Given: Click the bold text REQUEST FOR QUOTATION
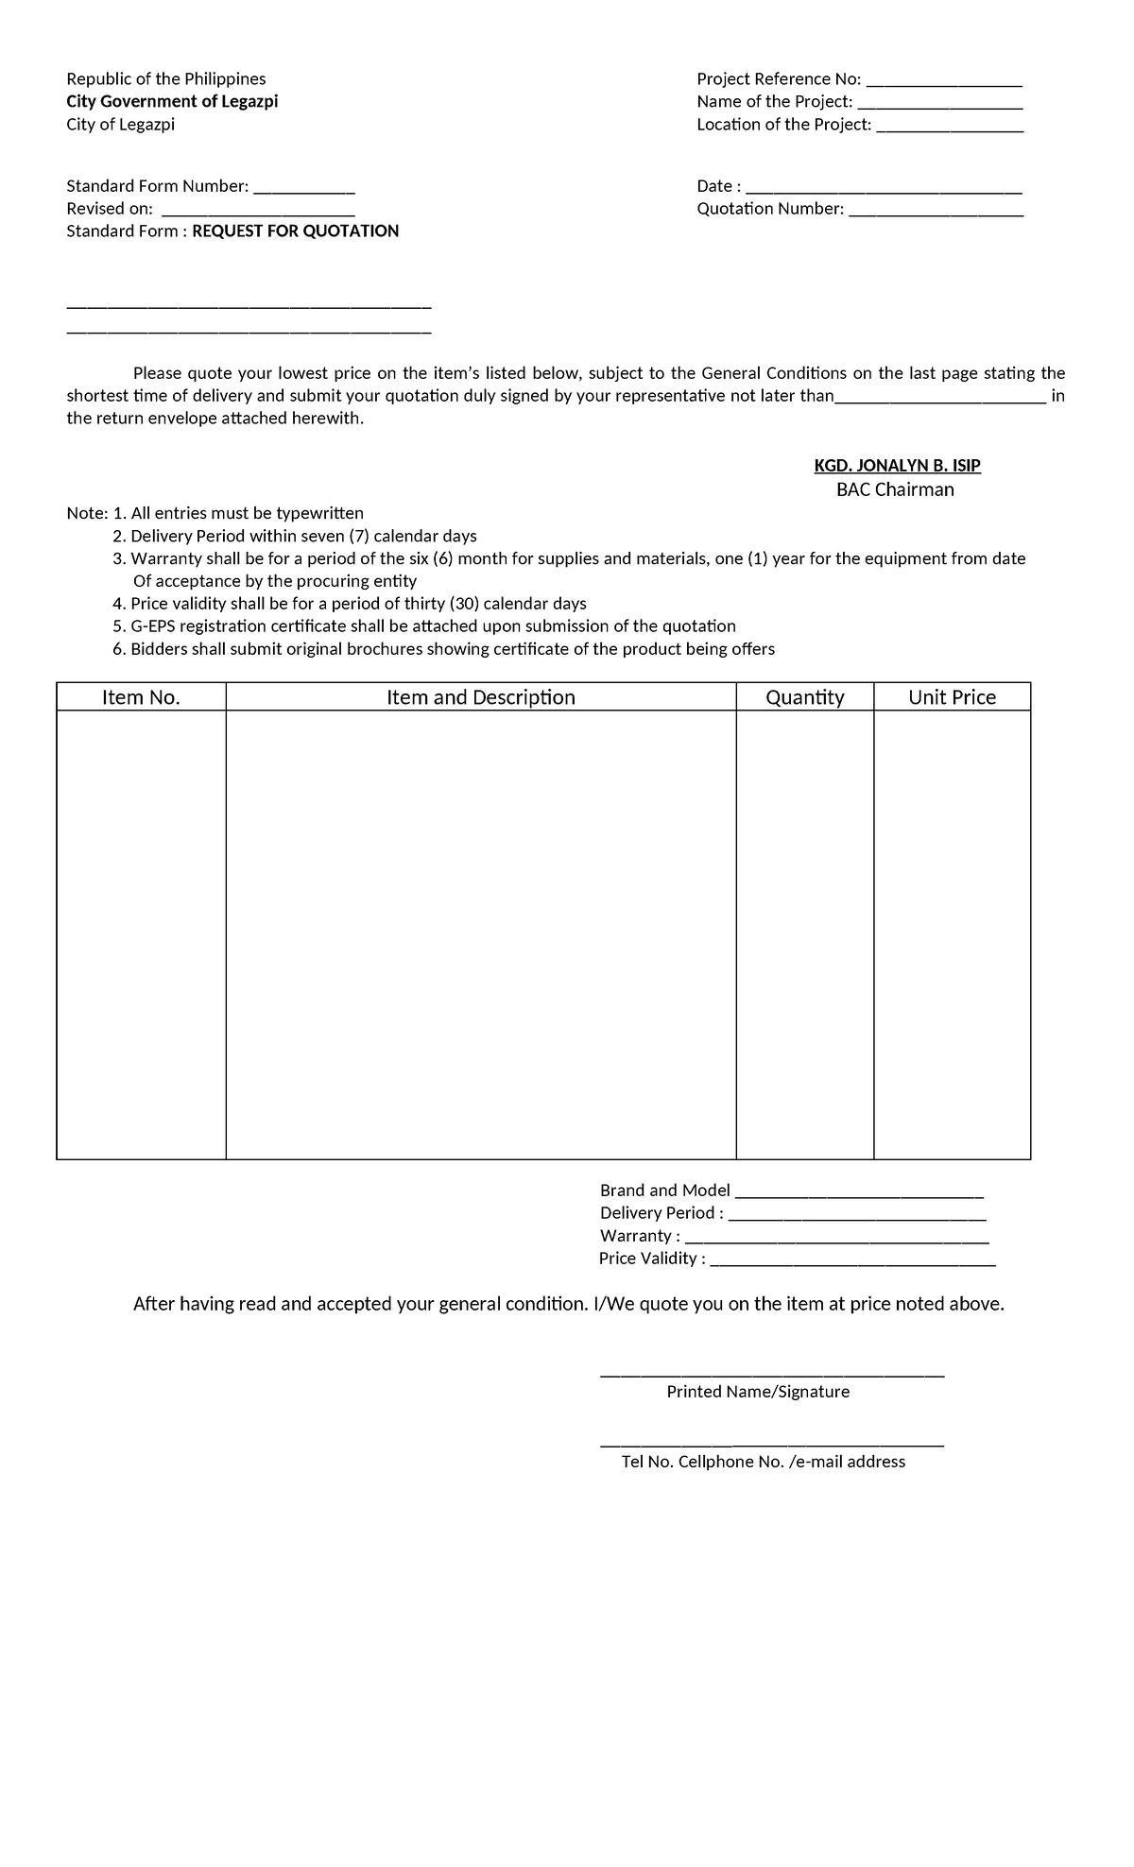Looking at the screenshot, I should pyautogui.click(x=295, y=231).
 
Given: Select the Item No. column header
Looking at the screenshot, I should pyautogui.click(x=141, y=697).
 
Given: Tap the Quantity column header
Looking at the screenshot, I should pyautogui.click(x=804, y=697).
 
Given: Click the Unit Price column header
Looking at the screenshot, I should pyautogui.click(x=952, y=697).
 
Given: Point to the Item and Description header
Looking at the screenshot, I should pyautogui.click(x=480, y=697).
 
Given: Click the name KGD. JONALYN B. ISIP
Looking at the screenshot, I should pyautogui.click(x=897, y=466).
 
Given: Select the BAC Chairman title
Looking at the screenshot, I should pyautogui.click(x=895, y=489).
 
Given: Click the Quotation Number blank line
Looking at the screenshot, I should pyautogui.click(x=936, y=212).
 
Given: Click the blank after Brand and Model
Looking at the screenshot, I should pyautogui.click(x=858, y=1193).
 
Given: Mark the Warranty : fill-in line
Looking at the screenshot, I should pyautogui.click(x=836, y=1239).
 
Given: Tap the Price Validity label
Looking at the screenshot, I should pyautogui.click(x=652, y=1259).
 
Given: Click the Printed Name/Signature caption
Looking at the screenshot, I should pyautogui.click(x=758, y=1392).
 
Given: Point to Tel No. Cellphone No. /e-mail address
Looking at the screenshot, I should pyautogui.click(x=763, y=1462).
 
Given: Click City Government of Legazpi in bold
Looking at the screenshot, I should pyautogui.click(x=172, y=101).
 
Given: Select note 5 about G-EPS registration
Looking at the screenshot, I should pyautogui.click(x=423, y=626).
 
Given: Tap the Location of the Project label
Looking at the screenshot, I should pyautogui.click(x=783, y=125).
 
